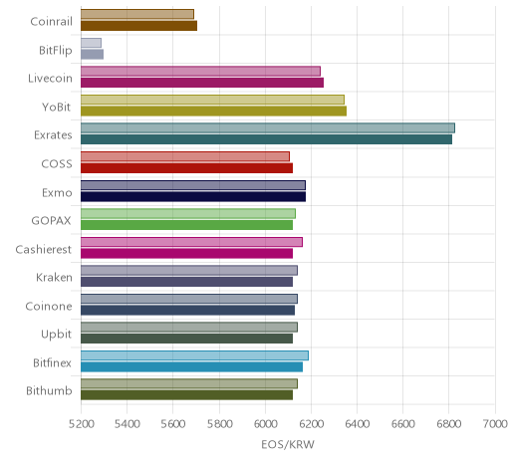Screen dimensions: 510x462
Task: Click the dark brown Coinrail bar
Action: [x=138, y=26]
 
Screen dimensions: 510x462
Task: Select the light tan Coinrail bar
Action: [x=137, y=14]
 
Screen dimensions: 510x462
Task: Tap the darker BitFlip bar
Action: [x=92, y=54]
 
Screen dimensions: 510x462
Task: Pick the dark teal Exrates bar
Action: [x=266, y=139]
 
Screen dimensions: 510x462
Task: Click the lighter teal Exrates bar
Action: [x=268, y=128]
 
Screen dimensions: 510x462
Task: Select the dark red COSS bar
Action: [x=186, y=168]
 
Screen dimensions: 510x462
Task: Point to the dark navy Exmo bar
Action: [x=193, y=196]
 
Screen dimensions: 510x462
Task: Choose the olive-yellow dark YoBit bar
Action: [x=213, y=111]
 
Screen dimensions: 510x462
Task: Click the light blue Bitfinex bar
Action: [x=194, y=355]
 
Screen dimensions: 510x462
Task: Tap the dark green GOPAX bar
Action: [x=186, y=225]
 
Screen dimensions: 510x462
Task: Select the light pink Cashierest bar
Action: [x=191, y=242]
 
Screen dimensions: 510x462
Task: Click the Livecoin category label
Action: [x=50, y=79]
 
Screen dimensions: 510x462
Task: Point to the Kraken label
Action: [x=54, y=277]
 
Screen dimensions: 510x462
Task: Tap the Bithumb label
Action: [x=49, y=390]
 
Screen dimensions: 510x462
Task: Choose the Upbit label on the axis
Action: [x=57, y=335]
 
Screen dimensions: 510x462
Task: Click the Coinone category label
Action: [x=49, y=306]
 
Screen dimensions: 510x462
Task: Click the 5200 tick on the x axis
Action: [x=81, y=424]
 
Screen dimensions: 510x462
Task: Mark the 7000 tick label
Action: [x=495, y=424]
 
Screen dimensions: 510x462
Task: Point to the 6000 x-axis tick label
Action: [x=265, y=424]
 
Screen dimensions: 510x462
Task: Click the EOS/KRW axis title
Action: [x=288, y=444]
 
